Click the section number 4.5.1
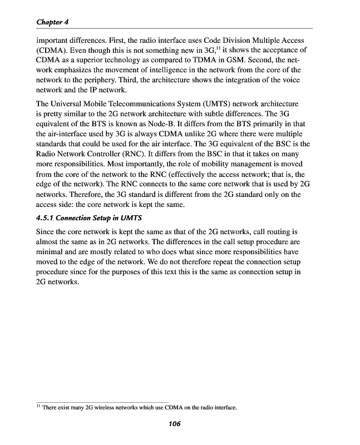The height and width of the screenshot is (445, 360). click(47, 217)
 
